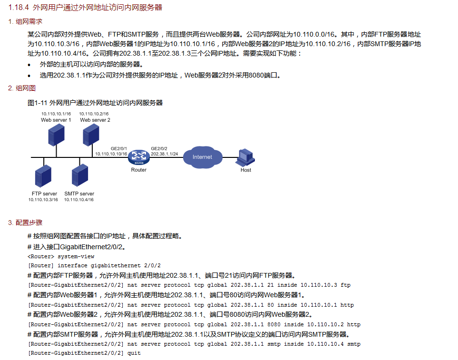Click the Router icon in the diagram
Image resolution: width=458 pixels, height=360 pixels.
139,156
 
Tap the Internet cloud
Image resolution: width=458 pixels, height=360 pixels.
202,157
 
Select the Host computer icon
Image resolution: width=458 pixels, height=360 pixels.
246,157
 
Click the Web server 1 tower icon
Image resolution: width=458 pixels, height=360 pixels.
56,135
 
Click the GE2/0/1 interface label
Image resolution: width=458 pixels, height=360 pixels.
119,148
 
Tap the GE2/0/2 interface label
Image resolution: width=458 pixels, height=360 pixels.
159,148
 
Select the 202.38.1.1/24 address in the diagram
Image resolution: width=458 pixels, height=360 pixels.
164,154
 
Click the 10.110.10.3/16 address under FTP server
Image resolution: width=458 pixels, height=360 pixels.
43,200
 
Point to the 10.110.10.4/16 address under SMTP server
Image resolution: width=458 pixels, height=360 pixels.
79,200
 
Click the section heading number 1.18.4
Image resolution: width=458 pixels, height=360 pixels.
19,7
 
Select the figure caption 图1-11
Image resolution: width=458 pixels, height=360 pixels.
38,102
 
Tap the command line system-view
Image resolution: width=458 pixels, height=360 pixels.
76,256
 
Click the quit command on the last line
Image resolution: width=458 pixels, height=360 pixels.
134,353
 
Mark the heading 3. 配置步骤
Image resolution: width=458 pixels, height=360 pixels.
25,223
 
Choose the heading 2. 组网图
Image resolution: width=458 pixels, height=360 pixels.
22,88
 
